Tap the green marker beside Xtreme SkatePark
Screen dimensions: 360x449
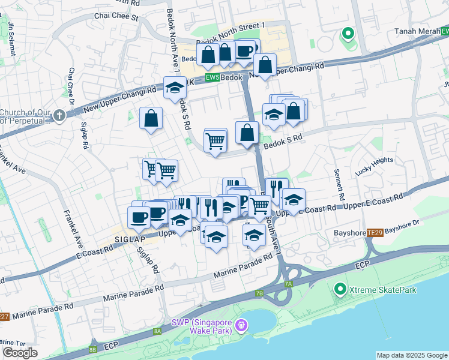[339, 290]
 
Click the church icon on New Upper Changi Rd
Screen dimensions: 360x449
[58, 115]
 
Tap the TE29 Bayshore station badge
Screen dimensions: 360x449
[375, 232]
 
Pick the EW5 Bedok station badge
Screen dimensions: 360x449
[212, 78]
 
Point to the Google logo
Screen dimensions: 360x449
[20, 352]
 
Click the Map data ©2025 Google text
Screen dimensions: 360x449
[412, 355]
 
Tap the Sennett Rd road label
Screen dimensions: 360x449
[339, 186]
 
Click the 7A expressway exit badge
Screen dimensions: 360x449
[288, 283]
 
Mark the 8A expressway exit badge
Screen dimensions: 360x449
[157, 331]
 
